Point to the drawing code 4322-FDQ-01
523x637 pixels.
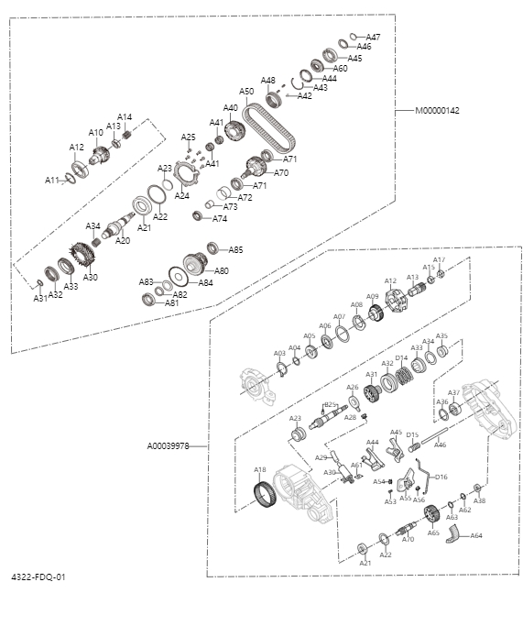38,577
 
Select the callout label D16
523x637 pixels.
441,477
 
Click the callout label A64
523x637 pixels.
476,535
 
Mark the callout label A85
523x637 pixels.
235,249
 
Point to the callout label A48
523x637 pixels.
267,80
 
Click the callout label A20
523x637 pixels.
123,241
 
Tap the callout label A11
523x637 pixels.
52,180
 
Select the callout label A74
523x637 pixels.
220,219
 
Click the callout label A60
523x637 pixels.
340,68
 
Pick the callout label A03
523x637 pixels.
279,353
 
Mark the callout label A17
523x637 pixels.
439,260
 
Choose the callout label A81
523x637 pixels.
171,302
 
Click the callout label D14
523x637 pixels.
401,357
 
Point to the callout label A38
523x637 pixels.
479,501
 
